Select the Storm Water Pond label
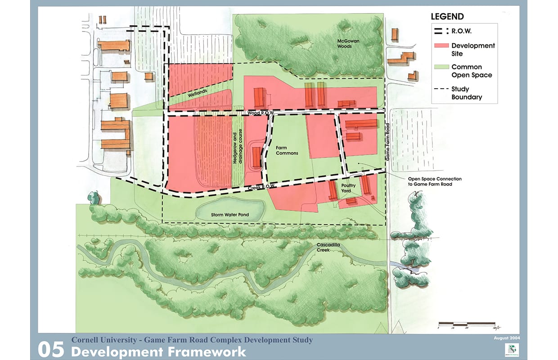(230, 215)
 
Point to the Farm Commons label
(287, 150)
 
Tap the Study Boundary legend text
(467, 93)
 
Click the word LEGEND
(447, 17)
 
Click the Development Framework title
(159, 351)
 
